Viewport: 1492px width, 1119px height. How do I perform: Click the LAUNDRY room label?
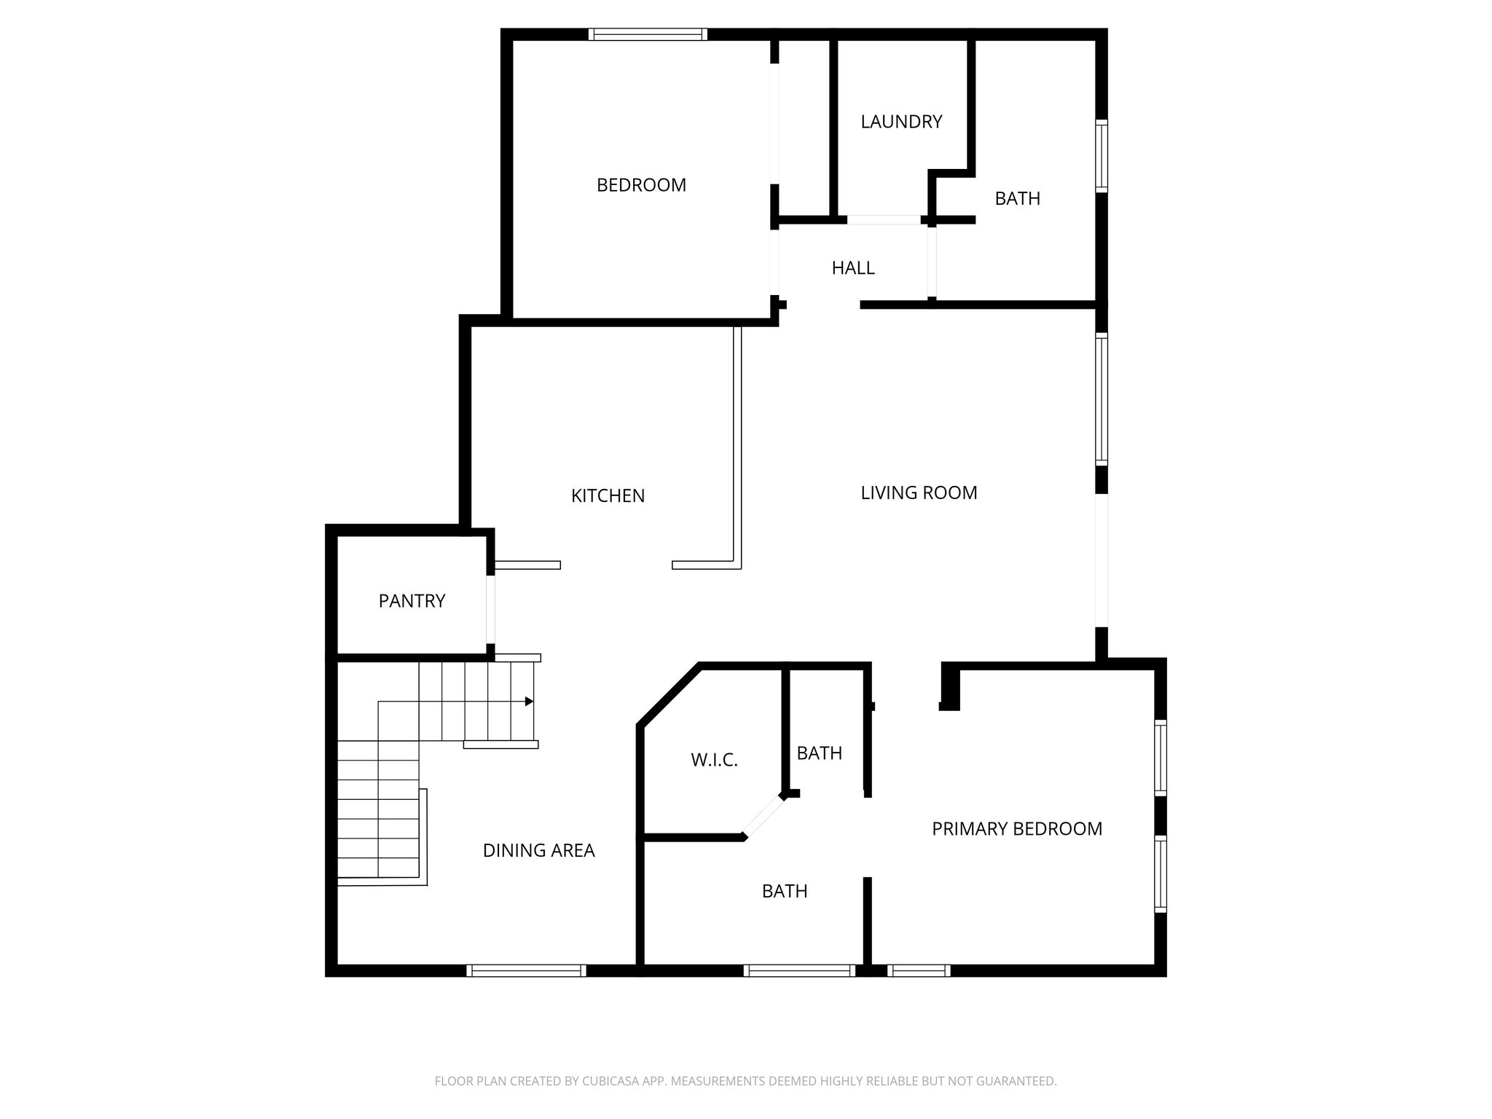901,122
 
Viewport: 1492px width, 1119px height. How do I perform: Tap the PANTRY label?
412,601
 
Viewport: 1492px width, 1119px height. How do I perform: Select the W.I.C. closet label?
714,761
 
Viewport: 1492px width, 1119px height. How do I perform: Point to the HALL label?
853,268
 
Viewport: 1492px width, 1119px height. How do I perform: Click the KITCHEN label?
608,496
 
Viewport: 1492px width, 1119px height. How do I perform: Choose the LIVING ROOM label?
919,493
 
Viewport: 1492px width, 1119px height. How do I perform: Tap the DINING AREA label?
538,850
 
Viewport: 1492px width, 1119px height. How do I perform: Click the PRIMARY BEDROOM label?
1016,828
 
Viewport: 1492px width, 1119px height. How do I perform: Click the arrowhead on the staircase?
530,702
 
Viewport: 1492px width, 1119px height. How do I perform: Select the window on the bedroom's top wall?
648,34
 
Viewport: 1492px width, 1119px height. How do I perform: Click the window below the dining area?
526,970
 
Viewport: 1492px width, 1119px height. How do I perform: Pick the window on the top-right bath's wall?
1102,157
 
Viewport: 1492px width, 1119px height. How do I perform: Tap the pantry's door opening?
491,609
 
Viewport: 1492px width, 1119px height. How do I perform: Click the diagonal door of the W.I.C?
763,816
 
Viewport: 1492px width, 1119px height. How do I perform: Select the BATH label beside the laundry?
1017,198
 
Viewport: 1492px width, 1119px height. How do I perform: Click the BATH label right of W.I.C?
819,753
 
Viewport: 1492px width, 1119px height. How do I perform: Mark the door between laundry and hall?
884,219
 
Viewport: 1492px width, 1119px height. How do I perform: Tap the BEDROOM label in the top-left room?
641,185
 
